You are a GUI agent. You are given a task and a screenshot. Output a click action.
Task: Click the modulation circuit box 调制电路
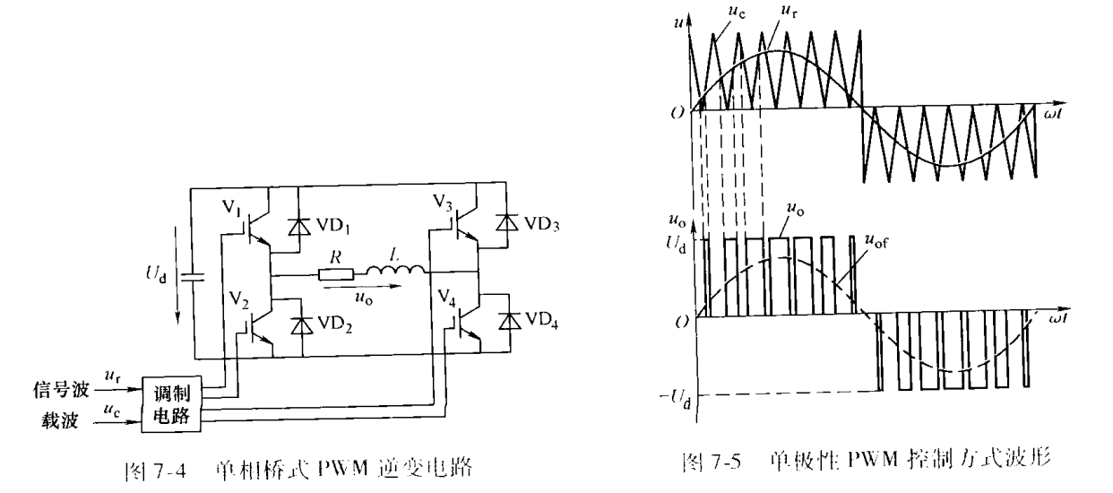point(173,400)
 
